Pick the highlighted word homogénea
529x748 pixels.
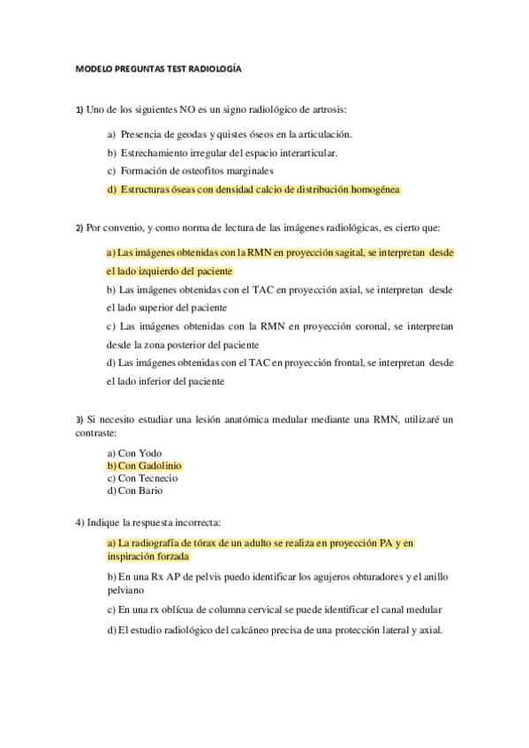point(374,189)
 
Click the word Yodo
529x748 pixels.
point(146,453)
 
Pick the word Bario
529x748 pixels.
point(147,490)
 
